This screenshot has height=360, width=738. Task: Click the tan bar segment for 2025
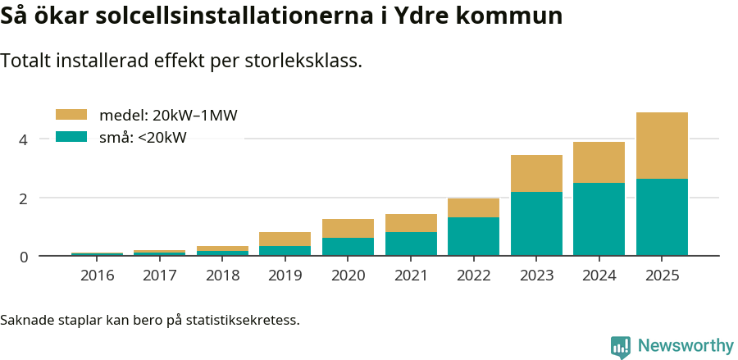point(662,145)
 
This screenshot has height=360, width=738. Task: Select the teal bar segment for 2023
point(536,223)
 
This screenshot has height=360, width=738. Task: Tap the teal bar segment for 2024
point(599,219)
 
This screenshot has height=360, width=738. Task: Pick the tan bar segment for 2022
point(473,207)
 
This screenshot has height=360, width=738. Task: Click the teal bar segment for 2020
point(348,246)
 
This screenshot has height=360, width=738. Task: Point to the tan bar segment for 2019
point(285,239)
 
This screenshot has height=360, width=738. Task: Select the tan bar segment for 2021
point(411,223)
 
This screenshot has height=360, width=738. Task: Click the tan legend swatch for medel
point(71,115)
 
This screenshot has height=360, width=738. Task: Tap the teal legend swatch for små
point(71,137)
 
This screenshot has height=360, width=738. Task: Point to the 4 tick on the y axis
point(24,139)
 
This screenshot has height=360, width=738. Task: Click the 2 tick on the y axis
point(24,198)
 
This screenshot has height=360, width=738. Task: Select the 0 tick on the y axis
point(24,257)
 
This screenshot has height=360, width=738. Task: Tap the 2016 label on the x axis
point(97,276)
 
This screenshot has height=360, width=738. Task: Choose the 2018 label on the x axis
point(222,276)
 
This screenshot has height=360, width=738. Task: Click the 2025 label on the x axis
point(662,276)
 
